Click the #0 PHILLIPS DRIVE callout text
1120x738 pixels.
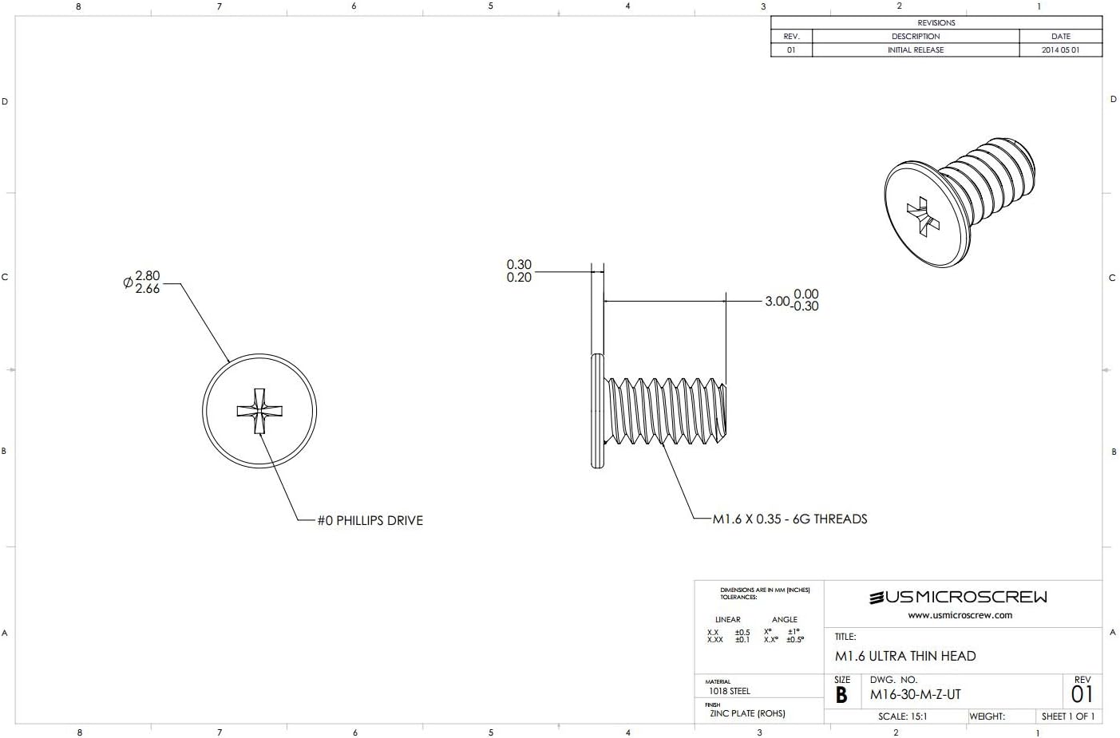(x=370, y=520)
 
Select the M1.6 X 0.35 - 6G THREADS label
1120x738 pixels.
(x=790, y=519)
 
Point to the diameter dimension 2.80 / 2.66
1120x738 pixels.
(x=147, y=282)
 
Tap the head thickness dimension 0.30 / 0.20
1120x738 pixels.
(x=519, y=271)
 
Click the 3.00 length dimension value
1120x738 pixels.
(x=777, y=301)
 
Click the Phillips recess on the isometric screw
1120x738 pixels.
(x=923, y=216)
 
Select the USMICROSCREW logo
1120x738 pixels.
(x=958, y=597)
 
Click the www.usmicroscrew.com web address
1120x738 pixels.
(x=960, y=615)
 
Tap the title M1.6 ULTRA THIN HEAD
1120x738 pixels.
(x=905, y=656)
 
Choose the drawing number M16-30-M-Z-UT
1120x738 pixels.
(x=915, y=694)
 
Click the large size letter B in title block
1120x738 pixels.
(x=841, y=695)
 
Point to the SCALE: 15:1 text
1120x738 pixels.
(x=902, y=716)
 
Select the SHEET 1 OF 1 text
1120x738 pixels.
(x=1067, y=716)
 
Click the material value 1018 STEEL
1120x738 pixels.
(x=729, y=691)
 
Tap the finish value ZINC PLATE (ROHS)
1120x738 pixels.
(x=747, y=713)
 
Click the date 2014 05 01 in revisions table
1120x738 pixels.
(x=1060, y=49)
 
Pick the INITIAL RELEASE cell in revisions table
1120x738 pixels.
(x=916, y=49)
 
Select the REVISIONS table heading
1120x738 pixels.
(x=936, y=23)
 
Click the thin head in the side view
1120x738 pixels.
(x=597, y=411)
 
